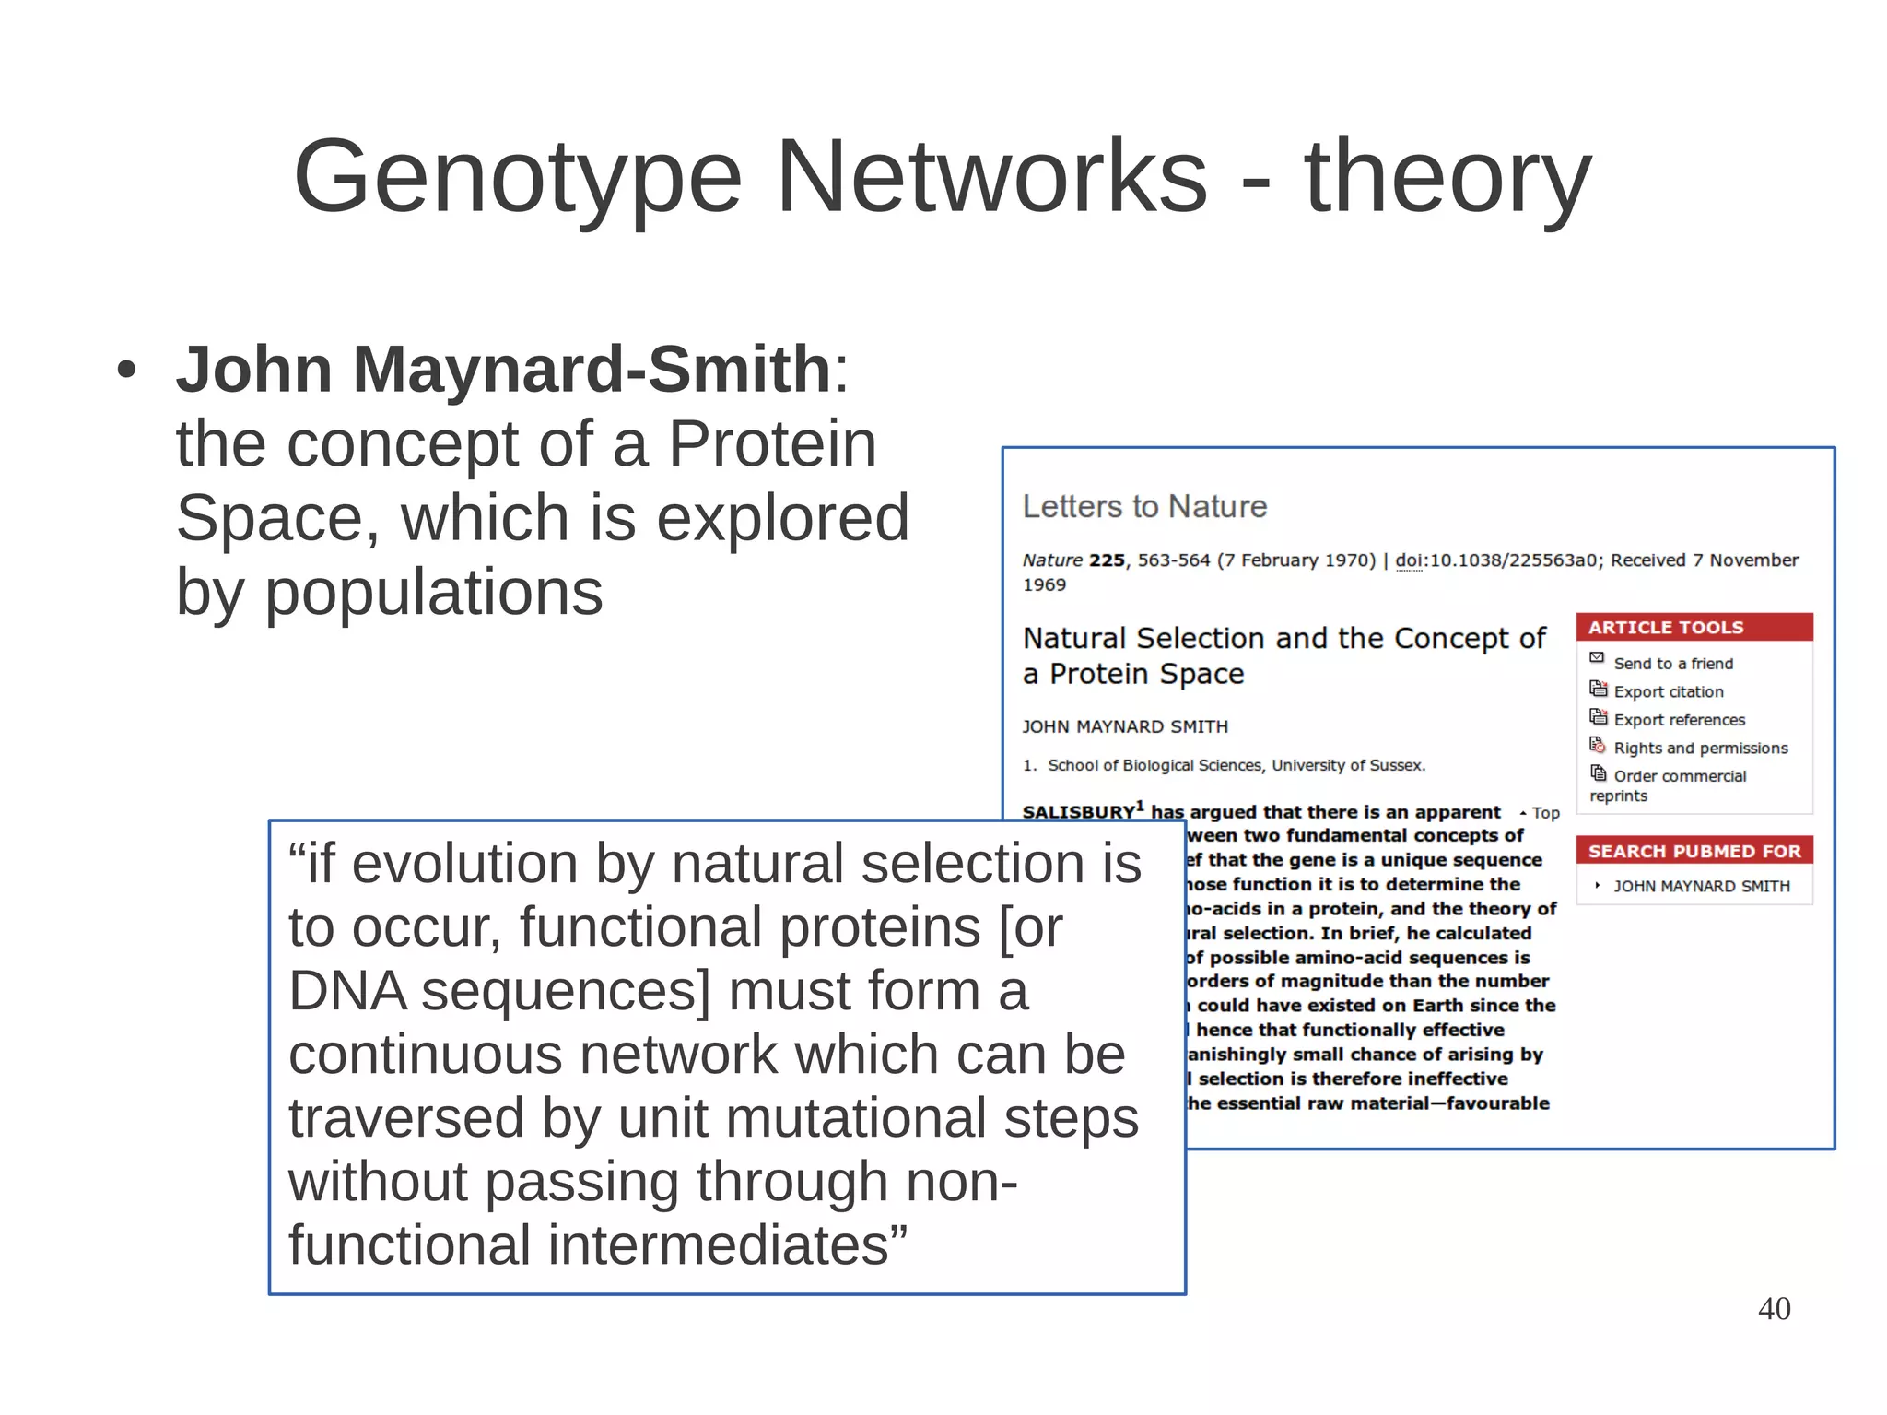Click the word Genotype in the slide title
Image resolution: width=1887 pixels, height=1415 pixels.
point(517,177)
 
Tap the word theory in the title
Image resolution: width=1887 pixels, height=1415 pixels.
point(1447,177)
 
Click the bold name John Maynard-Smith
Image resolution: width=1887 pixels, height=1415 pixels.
point(503,370)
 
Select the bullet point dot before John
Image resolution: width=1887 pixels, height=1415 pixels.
point(126,371)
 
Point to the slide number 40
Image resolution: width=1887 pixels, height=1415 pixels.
point(1774,1309)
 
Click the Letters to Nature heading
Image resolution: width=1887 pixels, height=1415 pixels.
point(1144,507)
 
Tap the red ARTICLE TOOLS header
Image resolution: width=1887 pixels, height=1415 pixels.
point(1665,628)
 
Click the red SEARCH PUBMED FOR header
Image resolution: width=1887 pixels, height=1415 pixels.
point(1694,851)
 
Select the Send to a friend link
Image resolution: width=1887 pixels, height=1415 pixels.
point(1672,664)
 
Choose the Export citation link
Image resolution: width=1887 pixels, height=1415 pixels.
point(1668,691)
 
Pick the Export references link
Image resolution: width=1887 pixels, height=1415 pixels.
point(1679,720)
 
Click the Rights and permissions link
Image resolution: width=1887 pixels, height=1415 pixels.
point(1700,749)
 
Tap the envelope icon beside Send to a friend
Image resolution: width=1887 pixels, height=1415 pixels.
point(1597,658)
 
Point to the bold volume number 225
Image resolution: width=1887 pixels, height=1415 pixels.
point(1107,560)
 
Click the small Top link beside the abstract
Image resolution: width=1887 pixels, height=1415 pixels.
point(1544,813)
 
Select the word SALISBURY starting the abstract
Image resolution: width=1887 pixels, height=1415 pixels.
point(1078,813)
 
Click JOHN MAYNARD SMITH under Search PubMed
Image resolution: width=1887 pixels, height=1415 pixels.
point(1701,887)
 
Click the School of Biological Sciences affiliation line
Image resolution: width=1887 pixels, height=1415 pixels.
point(1235,766)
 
